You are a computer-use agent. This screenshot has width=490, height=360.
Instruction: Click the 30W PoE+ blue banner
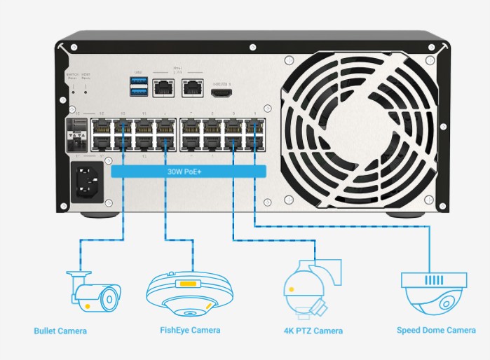[x=189, y=171]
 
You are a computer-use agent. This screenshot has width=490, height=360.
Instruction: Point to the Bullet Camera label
[x=60, y=331]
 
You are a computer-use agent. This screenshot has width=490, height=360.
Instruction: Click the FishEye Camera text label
[x=190, y=330]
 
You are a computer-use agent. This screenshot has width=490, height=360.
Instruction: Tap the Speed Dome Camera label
[x=436, y=330]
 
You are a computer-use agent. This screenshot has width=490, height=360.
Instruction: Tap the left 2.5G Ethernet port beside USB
[x=163, y=88]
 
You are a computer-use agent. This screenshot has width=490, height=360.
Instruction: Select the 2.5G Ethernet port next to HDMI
[x=192, y=88]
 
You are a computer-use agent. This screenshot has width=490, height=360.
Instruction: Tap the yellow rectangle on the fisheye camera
[x=186, y=284]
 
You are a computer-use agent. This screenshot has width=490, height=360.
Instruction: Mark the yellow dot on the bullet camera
[x=86, y=305]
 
